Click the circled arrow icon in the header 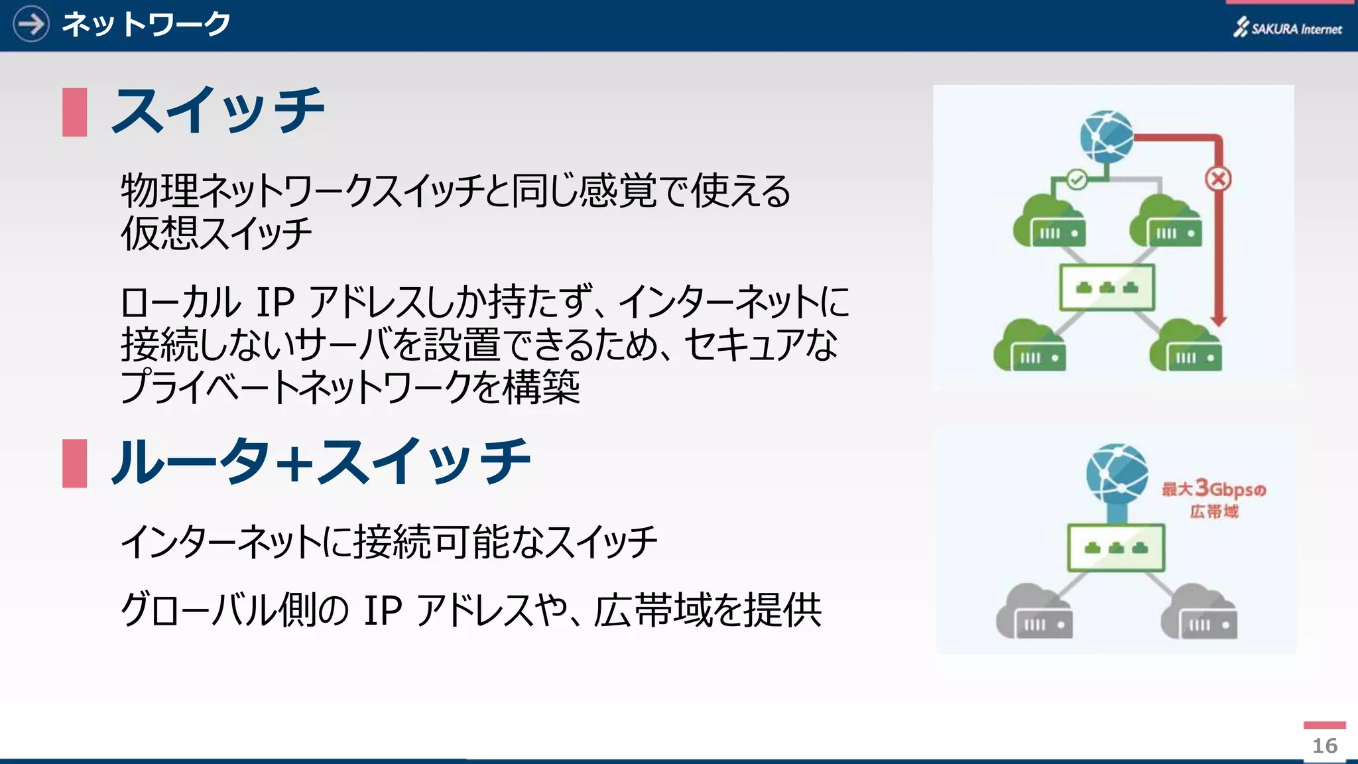(x=31, y=24)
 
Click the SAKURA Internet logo (x=1287, y=28)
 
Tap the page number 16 (x=1324, y=745)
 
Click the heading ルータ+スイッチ (x=321, y=462)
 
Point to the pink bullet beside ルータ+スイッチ (x=74, y=463)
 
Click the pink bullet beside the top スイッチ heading (x=74, y=112)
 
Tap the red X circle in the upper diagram (x=1218, y=178)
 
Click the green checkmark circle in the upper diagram (x=1077, y=179)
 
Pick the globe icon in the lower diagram (x=1117, y=474)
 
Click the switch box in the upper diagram (x=1107, y=287)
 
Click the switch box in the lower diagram (x=1116, y=547)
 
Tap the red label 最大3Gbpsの (x=1213, y=489)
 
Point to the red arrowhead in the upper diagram (x=1218, y=320)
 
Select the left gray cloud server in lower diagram (x=1033, y=613)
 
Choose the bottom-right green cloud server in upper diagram (x=1186, y=347)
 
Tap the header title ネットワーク (x=146, y=25)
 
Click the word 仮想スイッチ (x=216, y=233)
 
